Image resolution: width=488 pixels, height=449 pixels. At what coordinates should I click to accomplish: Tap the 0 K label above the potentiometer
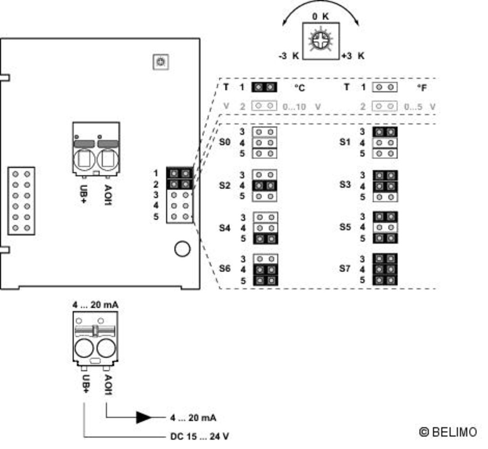321,17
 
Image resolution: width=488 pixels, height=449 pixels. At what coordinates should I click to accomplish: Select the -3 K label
288,56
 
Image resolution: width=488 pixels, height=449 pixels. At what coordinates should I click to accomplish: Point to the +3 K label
353,56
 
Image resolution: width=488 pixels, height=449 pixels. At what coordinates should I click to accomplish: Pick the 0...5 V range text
420,106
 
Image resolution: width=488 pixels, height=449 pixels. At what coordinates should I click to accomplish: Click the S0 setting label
225,143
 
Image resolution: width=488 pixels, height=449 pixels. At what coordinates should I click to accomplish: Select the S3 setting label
345,185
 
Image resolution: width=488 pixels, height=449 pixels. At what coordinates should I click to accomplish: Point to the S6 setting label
225,269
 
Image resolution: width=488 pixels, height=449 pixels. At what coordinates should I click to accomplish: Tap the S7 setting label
345,269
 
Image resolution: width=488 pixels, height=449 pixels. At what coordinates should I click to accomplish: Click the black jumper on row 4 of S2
265,186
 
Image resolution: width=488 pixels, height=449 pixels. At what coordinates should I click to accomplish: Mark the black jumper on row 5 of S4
265,239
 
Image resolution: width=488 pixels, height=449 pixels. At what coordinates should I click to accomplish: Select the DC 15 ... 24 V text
200,435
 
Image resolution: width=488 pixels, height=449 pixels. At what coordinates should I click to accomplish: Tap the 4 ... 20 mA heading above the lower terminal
95,305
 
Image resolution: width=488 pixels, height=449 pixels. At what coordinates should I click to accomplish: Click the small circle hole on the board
182,249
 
